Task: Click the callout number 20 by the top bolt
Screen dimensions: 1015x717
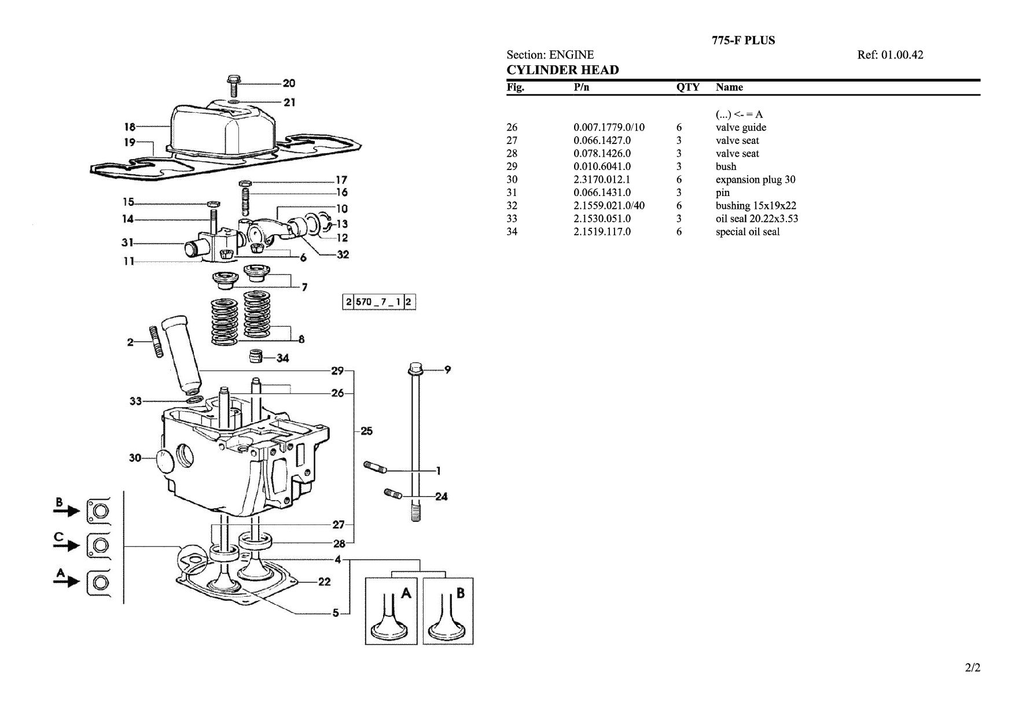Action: point(289,83)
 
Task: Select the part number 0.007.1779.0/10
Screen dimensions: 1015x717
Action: point(609,127)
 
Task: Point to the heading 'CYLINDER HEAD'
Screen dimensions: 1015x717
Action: point(562,70)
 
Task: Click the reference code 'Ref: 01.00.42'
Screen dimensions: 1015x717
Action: point(890,55)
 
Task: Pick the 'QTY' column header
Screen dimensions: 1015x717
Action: point(688,87)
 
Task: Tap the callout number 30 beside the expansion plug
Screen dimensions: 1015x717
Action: point(135,458)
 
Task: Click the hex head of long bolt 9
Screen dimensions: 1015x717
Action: point(415,368)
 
